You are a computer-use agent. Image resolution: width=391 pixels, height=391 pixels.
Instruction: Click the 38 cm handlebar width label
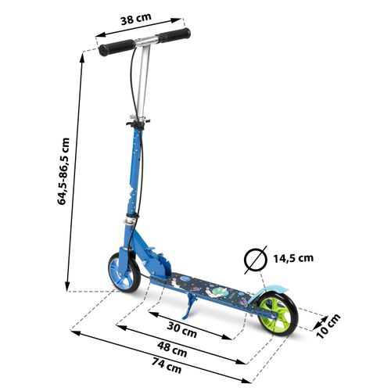click(x=136, y=19)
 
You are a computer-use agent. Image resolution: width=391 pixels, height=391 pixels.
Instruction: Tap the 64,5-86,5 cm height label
click(x=63, y=171)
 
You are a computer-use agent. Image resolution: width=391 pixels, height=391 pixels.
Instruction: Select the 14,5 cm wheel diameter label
click(x=293, y=258)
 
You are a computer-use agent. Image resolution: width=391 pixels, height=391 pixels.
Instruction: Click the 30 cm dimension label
click(x=182, y=329)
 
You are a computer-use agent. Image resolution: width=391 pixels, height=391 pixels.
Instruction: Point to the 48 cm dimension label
click(x=172, y=350)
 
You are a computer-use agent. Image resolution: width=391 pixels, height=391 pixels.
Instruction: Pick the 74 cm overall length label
click(x=167, y=365)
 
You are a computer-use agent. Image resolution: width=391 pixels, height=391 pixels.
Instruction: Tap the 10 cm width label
click(x=328, y=326)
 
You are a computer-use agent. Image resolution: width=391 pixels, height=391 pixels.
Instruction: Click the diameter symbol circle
click(x=256, y=260)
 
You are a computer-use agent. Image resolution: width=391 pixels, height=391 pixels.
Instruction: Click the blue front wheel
click(x=124, y=272)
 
